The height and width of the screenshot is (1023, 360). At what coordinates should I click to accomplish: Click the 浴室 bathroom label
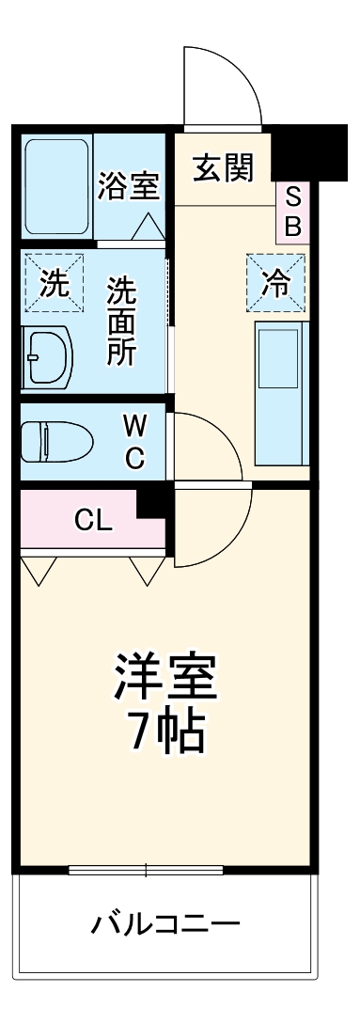(128, 185)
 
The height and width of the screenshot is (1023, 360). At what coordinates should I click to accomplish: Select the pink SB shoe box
(292, 212)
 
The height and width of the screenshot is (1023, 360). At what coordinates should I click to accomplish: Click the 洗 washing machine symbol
(53, 281)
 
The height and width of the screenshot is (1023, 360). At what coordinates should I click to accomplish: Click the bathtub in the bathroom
(56, 185)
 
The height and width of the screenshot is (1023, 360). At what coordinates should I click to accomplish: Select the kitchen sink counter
(279, 393)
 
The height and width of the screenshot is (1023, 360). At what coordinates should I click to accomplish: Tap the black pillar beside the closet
(153, 503)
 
